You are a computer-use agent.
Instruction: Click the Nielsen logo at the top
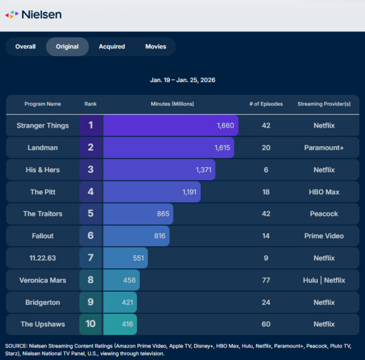coord(33,14)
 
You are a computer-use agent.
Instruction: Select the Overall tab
coord(25,47)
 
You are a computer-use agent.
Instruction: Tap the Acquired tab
coord(112,47)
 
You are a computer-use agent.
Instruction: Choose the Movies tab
coord(156,47)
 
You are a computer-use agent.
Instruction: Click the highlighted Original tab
coord(67,47)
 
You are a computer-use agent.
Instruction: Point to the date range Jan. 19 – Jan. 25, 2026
coord(183,80)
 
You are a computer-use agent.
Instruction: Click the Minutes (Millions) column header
coord(172,104)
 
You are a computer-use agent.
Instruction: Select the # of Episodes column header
coord(266,104)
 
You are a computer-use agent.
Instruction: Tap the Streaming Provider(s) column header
coord(324,104)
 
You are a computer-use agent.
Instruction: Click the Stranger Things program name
coord(43,125)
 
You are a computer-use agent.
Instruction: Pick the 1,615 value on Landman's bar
coord(221,148)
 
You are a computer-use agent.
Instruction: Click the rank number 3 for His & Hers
coord(91,170)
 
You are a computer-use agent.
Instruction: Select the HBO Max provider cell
coord(324,192)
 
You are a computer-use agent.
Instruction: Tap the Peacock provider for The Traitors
coord(324,214)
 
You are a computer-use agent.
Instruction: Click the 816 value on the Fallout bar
coord(160,236)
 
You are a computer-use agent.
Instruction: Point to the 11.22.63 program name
coord(43,258)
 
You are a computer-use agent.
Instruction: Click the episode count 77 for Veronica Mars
coord(266,280)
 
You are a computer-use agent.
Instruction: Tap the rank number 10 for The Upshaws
coord(91,324)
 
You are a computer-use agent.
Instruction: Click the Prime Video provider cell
coord(324,236)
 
